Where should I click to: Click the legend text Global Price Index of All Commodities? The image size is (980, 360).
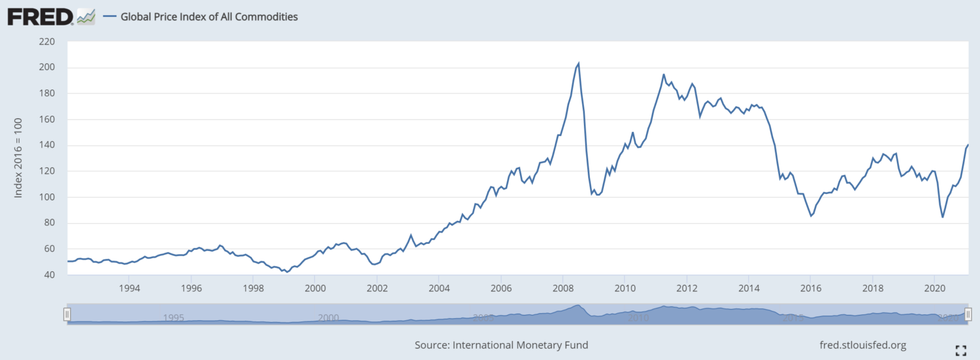click(x=209, y=17)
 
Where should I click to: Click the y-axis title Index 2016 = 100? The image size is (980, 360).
click(x=19, y=158)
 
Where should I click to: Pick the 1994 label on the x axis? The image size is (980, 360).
click(x=129, y=288)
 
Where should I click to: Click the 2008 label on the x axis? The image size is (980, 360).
click(x=563, y=288)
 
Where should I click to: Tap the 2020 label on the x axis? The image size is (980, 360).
click(x=935, y=288)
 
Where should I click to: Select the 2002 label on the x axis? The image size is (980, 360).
click(x=377, y=288)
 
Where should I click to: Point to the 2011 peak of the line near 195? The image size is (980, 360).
click(x=664, y=74)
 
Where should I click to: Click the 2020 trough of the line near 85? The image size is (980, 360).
click(x=943, y=217)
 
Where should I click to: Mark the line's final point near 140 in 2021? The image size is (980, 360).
click(x=968, y=145)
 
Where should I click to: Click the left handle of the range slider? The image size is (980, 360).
click(x=67, y=314)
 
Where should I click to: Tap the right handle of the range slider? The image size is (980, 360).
click(x=968, y=314)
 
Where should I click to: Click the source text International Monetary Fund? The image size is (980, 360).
click(x=501, y=345)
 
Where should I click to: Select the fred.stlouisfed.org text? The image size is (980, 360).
click(x=862, y=345)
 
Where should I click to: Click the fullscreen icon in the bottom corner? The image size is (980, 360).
click(x=961, y=350)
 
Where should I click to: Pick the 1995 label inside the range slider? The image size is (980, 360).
click(x=173, y=318)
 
